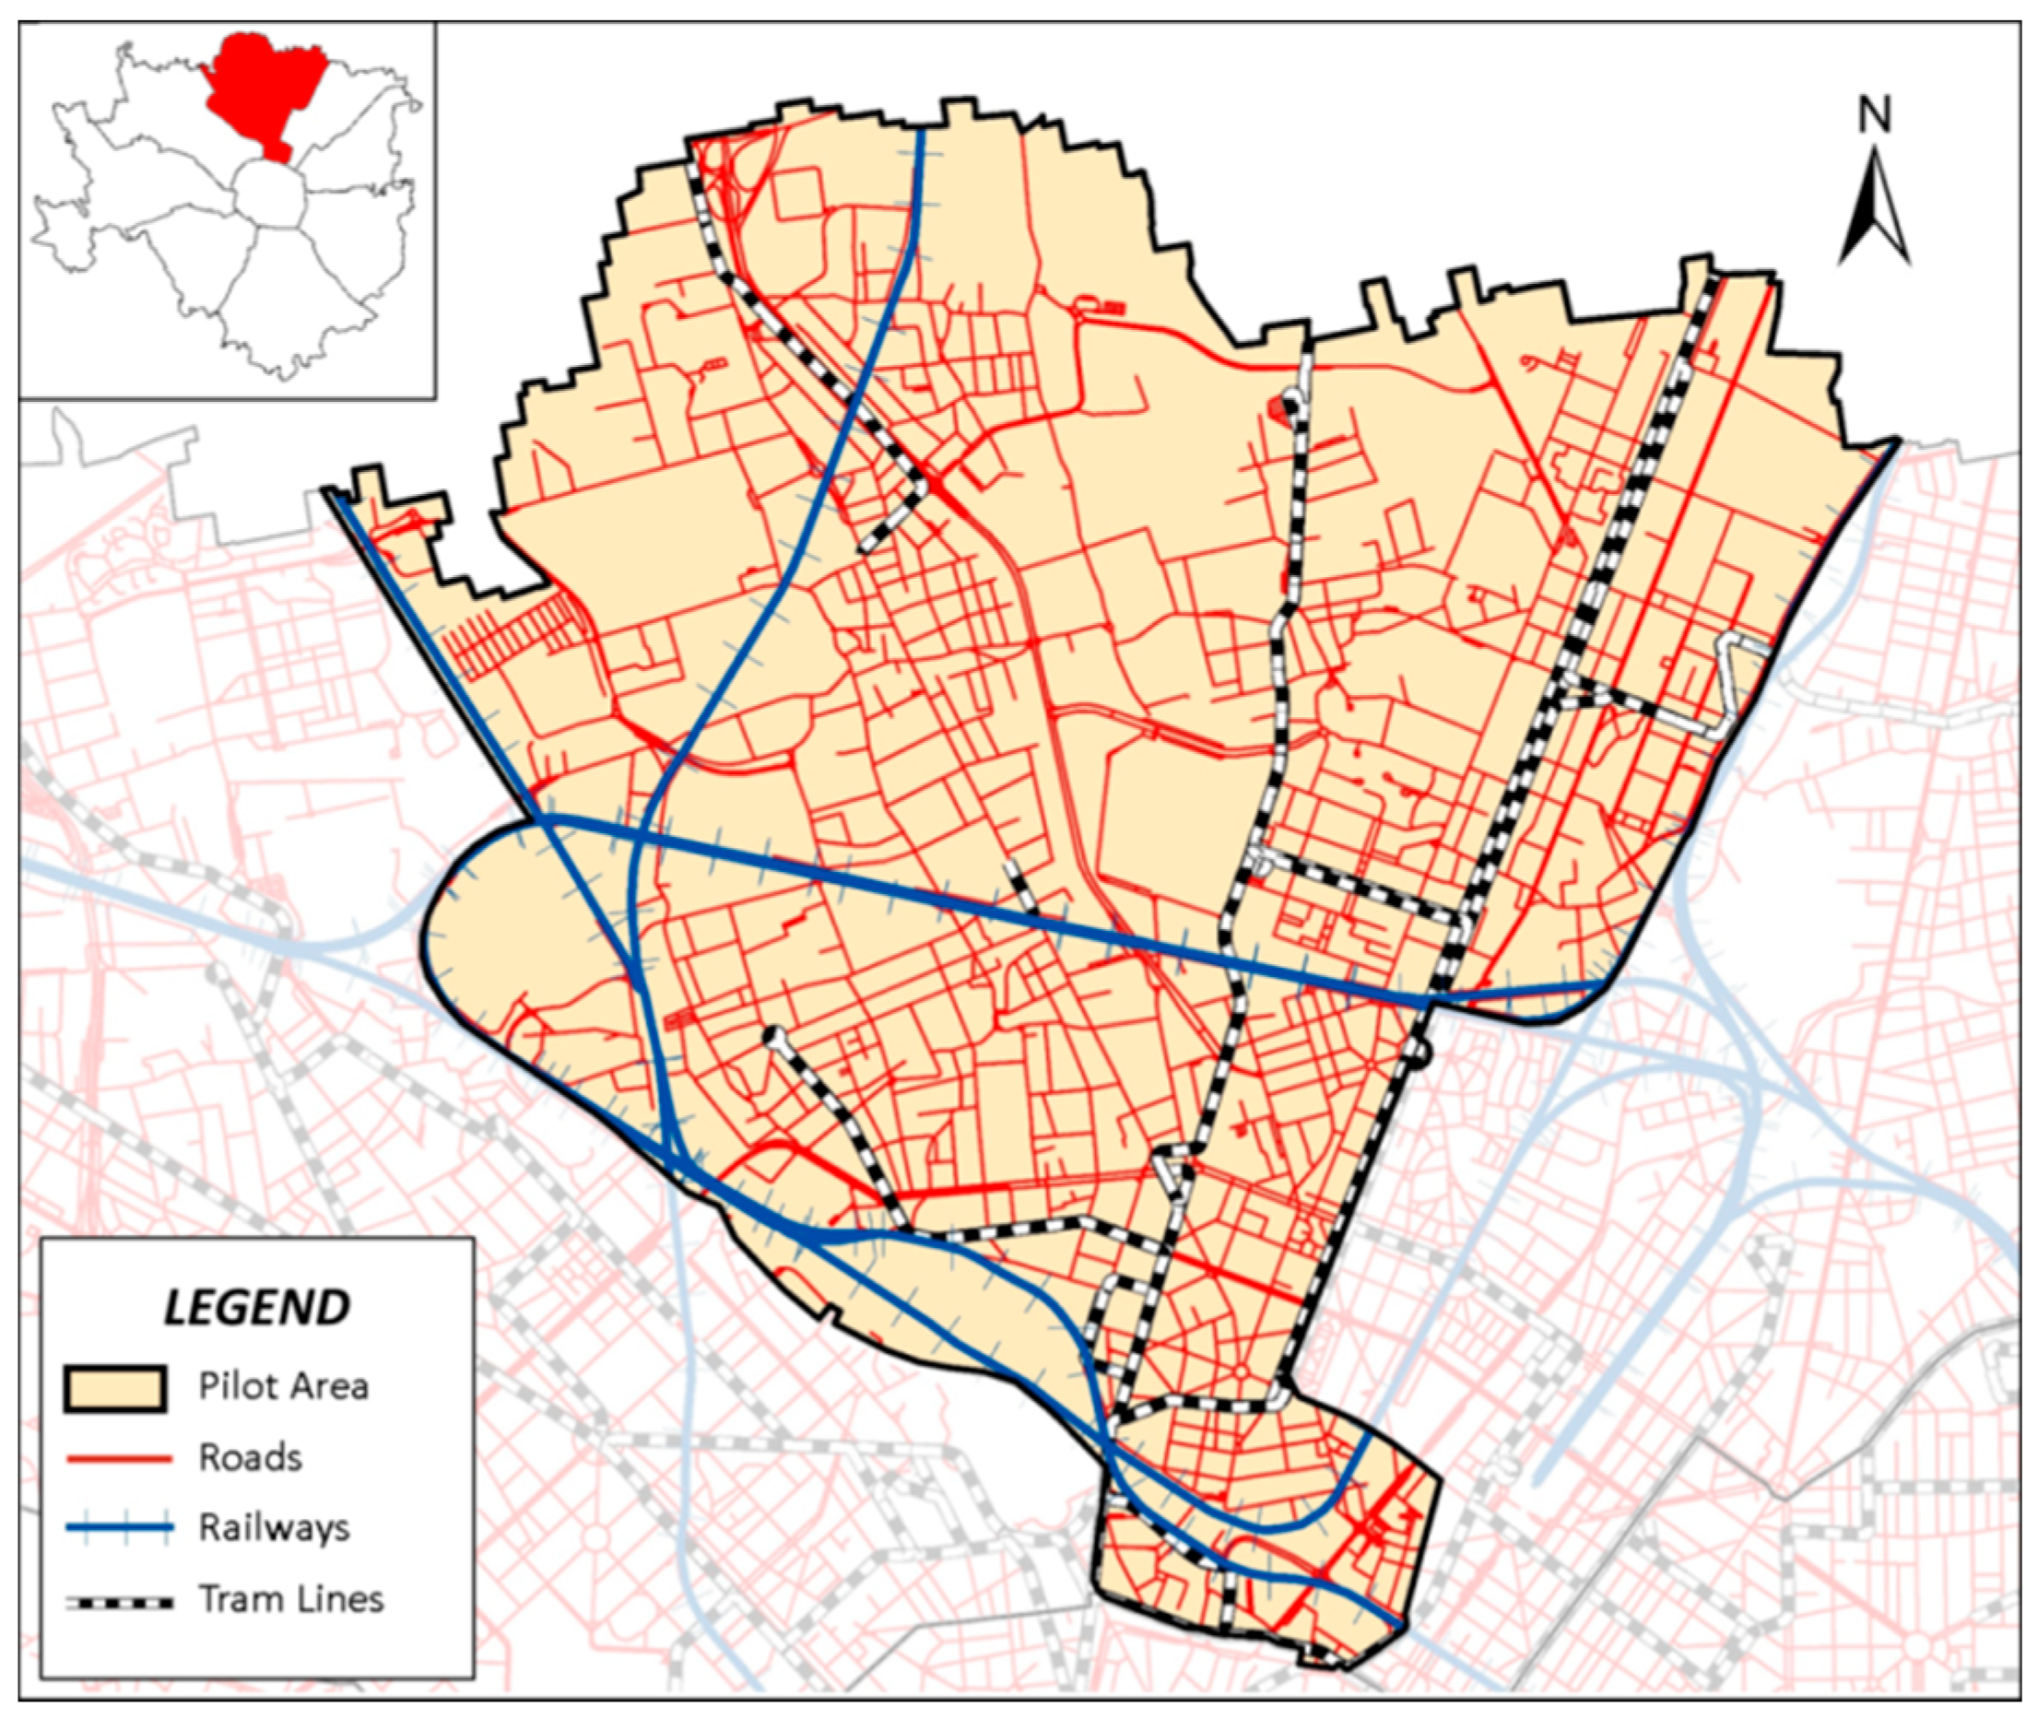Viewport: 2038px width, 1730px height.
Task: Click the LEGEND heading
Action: [x=256, y=1307]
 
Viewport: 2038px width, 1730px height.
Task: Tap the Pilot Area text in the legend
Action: [x=283, y=1387]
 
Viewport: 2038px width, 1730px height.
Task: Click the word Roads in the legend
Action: [x=250, y=1457]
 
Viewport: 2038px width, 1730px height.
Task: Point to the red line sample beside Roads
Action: [x=119, y=1459]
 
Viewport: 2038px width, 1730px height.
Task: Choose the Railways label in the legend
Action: [x=274, y=1528]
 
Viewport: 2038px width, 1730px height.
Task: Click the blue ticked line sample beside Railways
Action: [x=119, y=1527]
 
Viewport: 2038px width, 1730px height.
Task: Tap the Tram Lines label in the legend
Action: [x=291, y=1598]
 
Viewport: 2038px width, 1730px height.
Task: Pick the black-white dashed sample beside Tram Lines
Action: [x=119, y=1602]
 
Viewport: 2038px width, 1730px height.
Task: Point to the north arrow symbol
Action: [x=1874, y=211]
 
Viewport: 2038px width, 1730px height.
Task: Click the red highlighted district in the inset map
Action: [x=265, y=88]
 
